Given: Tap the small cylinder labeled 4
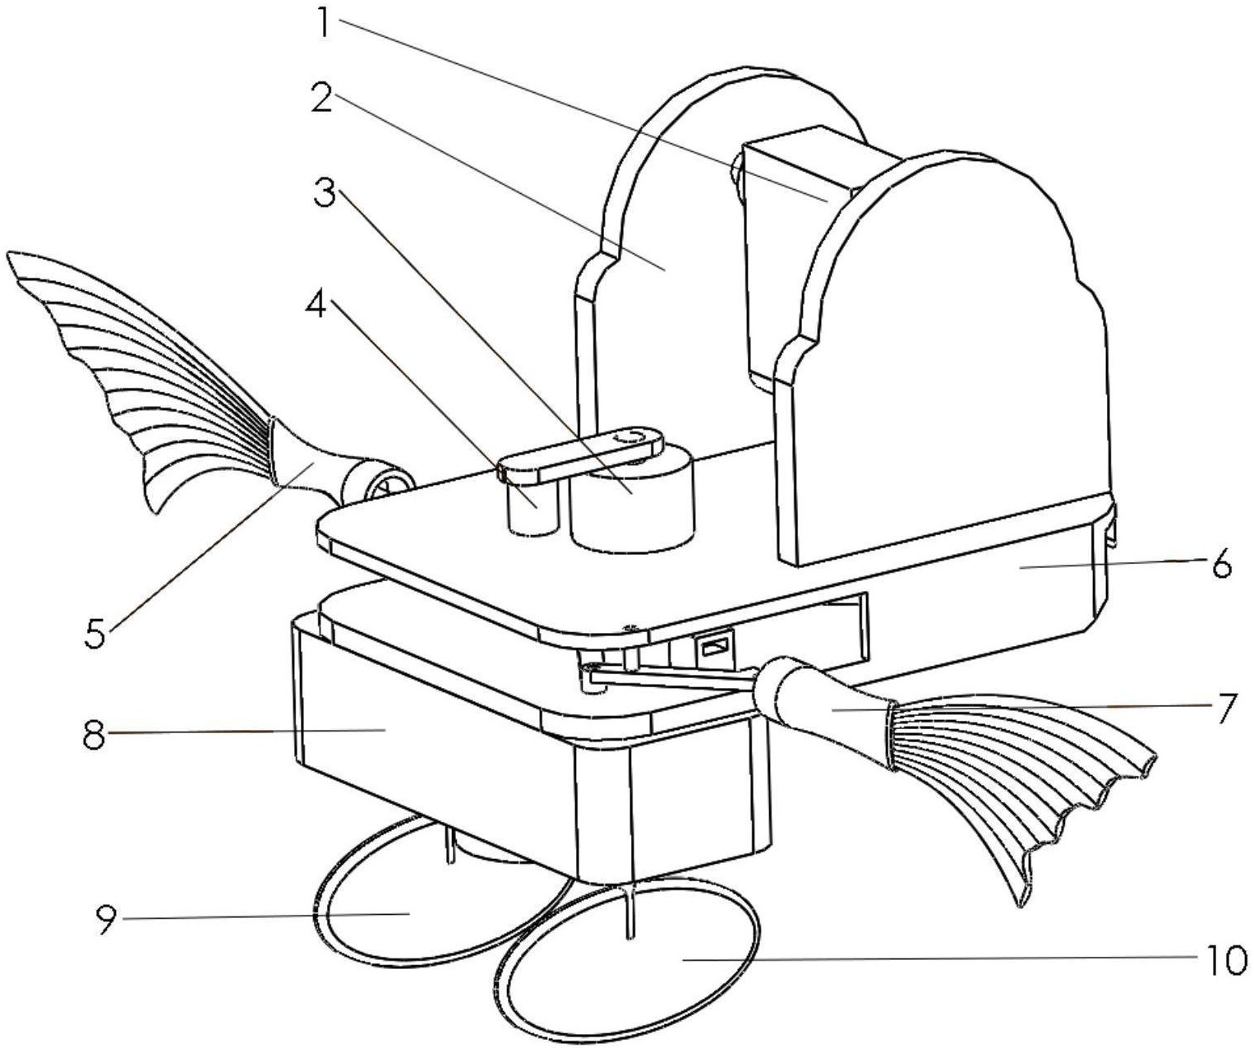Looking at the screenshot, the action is [532, 505].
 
